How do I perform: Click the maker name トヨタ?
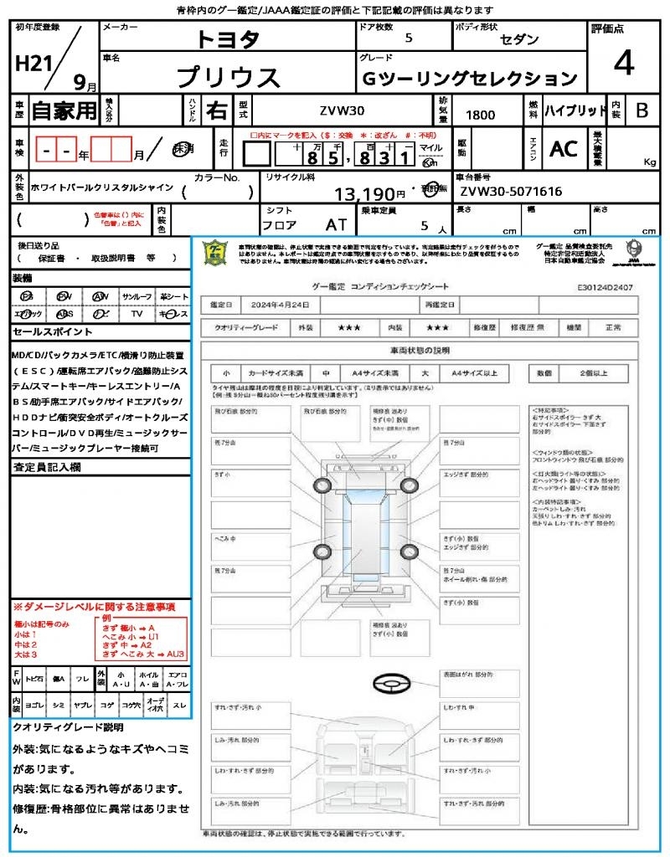click(228, 39)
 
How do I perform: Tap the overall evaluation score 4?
click(623, 64)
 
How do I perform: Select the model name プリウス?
click(229, 78)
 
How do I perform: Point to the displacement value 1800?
click(479, 115)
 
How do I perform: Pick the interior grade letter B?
click(642, 110)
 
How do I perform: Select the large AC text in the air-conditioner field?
click(564, 149)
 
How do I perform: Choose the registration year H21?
click(33, 64)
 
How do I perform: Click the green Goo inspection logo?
click(216, 252)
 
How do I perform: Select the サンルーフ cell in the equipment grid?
click(137, 296)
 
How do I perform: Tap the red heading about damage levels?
click(94, 606)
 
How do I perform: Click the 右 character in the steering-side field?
click(216, 110)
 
